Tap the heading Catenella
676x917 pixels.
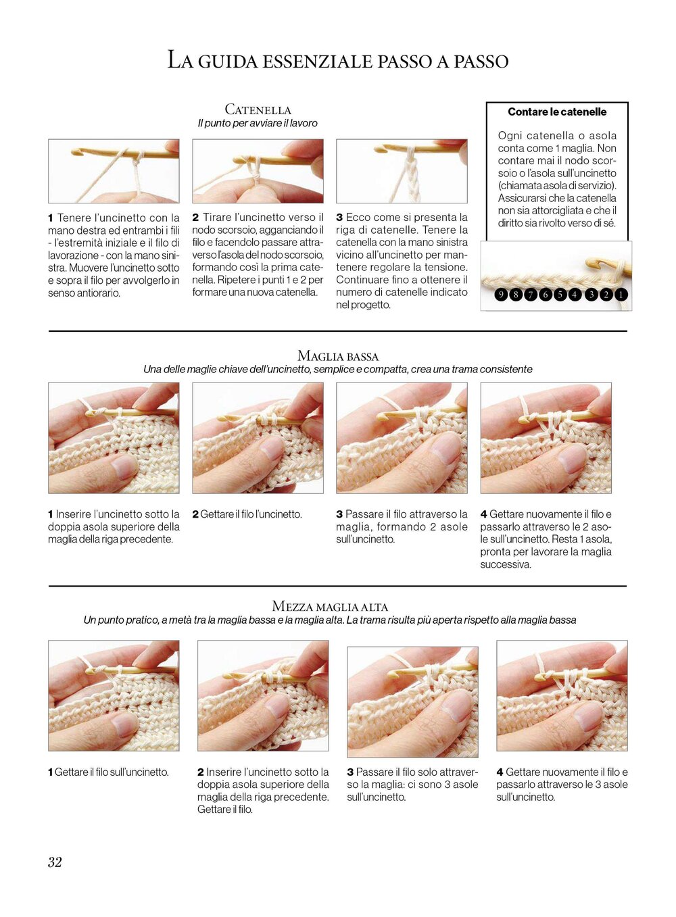[x=258, y=109]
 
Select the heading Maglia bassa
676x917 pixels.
[x=338, y=355]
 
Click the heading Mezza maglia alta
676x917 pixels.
[x=330, y=606]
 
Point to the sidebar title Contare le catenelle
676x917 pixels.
[x=557, y=111]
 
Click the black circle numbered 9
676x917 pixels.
[x=501, y=295]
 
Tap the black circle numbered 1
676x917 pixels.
[x=621, y=295]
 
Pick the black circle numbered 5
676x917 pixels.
[x=560, y=295]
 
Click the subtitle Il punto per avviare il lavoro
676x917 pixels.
[x=258, y=123]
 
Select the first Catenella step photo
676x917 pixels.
[x=114, y=171]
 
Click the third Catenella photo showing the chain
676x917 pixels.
[x=402, y=171]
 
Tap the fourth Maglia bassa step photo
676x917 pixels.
[x=546, y=438]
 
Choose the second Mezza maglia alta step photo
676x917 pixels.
[x=263, y=695]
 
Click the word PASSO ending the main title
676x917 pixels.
[x=481, y=61]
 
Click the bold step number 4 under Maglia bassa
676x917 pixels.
[x=483, y=514]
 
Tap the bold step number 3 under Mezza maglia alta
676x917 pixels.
[x=350, y=772]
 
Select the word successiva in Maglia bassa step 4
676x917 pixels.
[x=506, y=564]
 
